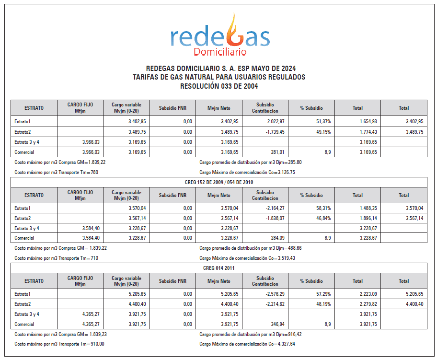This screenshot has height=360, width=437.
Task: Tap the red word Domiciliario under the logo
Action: point(220,51)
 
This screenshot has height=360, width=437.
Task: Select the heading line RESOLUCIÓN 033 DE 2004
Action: point(218,86)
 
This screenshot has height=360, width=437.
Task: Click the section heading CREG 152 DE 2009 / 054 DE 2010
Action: point(218,182)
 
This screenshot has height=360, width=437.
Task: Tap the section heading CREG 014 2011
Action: point(218,268)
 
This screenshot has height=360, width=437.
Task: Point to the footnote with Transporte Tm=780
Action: point(56,172)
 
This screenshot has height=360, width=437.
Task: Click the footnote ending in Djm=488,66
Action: point(250,248)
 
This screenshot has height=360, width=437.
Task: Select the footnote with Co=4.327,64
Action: point(247,344)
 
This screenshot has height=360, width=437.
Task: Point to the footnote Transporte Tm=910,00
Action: point(59,344)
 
